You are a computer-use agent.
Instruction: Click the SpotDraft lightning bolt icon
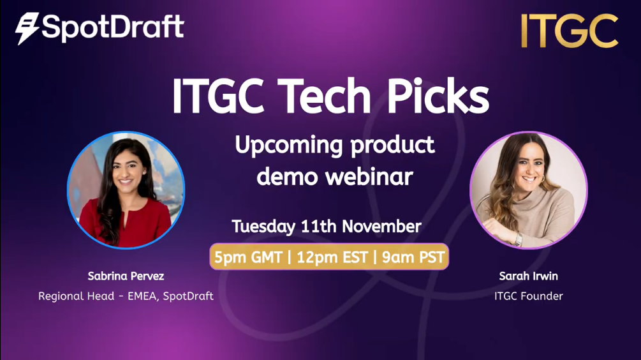(x=27, y=29)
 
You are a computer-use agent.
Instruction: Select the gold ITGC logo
(x=569, y=31)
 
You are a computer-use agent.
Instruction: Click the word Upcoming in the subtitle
(x=290, y=146)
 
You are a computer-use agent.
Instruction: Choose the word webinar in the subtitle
(x=371, y=176)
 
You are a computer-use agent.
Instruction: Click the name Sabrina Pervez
(x=126, y=277)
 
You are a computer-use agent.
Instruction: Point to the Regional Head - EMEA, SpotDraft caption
(x=126, y=296)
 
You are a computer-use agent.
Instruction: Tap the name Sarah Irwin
(x=528, y=277)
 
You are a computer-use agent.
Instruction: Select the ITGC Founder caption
(x=528, y=296)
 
